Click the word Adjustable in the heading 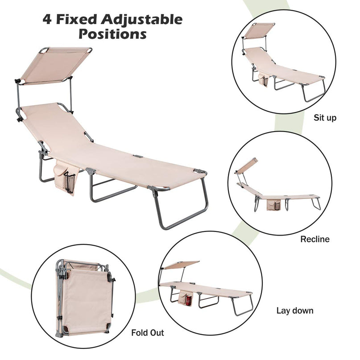(x=142, y=20)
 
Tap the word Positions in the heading (x=112, y=34)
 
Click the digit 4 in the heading (x=47, y=19)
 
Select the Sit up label (x=325, y=118)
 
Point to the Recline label (x=315, y=239)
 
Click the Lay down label (x=295, y=310)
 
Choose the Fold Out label (x=148, y=332)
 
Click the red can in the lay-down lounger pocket (x=189, y=300)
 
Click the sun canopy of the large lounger (x=55, y=66)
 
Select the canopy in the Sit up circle (x=260, y=30)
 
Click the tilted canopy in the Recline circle (x=246, y=166)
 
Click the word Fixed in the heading (x=76, y=19)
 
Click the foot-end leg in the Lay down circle (x=242, y=304)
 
